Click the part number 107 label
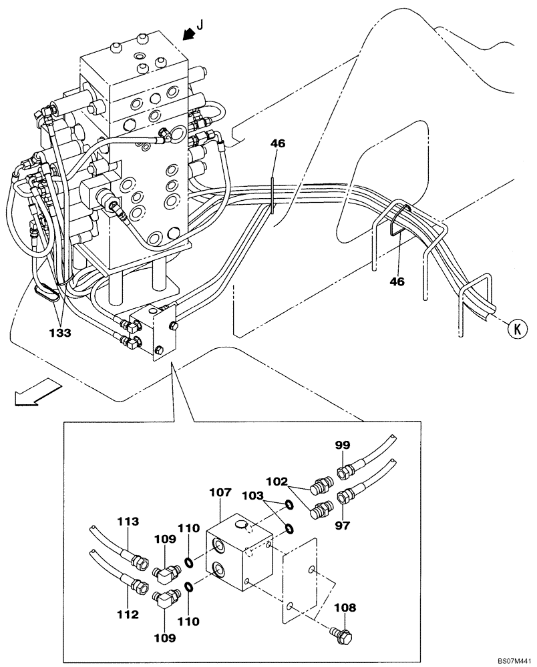click(x=221, y=493)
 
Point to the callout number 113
click(x=128, y=521)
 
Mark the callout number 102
click(x=279, y=479)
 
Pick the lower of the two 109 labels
click(x=166, y=638)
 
